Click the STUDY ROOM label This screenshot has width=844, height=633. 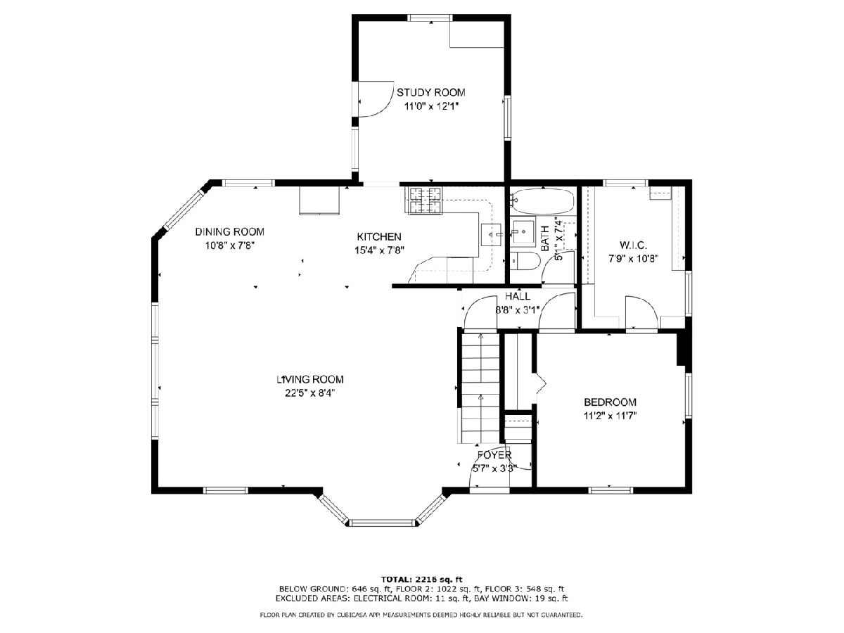click(x=430, y=93)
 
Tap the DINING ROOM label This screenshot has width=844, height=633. click(x=229, y=232)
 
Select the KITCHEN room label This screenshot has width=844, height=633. click(x=379, y=237)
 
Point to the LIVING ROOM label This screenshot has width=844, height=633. click(x=310, y=379)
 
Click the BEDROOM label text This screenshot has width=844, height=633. click(x=610, y=402)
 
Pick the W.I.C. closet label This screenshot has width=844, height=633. click(x=633, y=245)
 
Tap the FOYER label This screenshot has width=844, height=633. click(x=494, y=455)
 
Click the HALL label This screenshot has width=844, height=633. click(x=518, y=296)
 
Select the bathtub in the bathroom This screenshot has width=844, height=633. click(x=542, y=201)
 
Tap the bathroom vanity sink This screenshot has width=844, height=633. click(x=523, y=232)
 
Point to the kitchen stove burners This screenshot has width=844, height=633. click(x=425, y=200)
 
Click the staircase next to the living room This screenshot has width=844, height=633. click(x=480, y=388)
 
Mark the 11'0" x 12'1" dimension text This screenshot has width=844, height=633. click(x=431, y=106)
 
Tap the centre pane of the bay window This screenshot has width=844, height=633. click(x=383, y=523)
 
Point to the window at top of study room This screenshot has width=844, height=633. click(x=430, y=18)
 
